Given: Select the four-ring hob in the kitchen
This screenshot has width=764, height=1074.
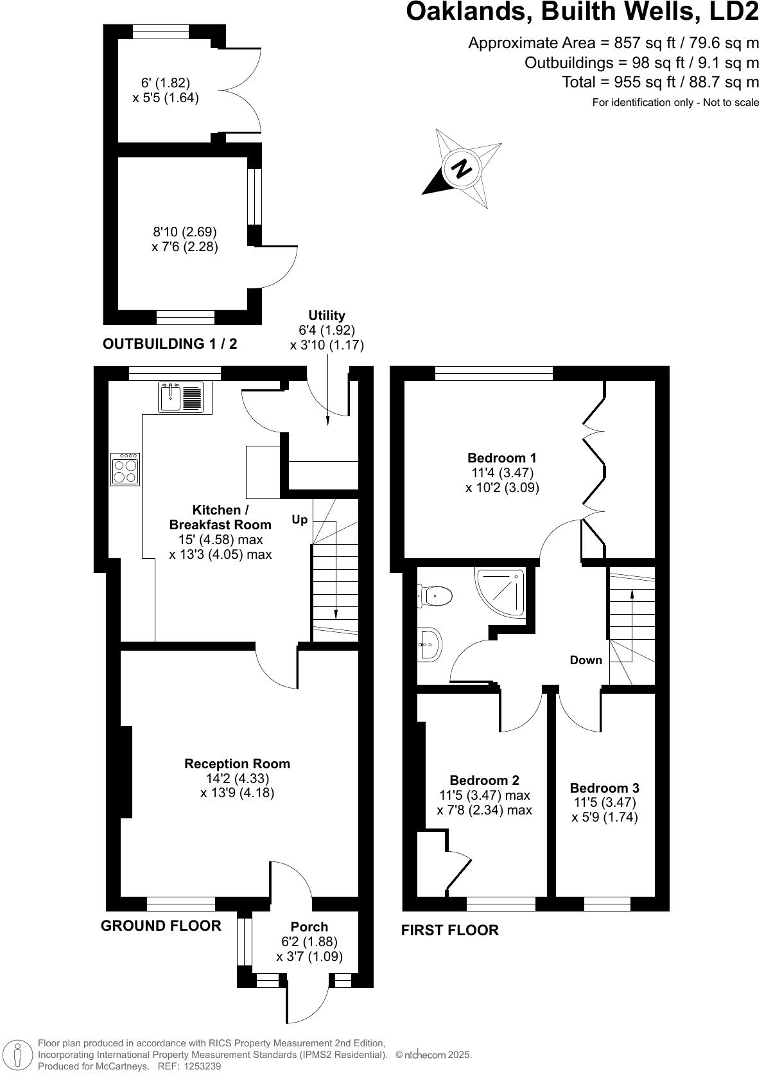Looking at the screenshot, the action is click(x=125, y=469).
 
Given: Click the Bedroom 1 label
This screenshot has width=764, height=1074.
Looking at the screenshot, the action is click(x=502, y=457).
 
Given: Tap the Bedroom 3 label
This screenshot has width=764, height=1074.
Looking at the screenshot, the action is click(x=604, y=788).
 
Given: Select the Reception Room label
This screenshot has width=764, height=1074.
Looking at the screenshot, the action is click(x=238, y=763).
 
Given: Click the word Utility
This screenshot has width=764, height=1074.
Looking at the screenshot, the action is click(x=327, y=315).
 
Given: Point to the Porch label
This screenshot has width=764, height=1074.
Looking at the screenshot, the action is click(x=309, y=927).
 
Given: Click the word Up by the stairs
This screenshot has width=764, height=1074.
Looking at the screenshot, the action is click(x=300, y=520).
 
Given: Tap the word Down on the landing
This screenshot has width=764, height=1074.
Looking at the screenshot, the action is click(x=586, y=660).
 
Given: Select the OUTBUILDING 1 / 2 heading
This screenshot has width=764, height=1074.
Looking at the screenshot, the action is click(x=169, y=344).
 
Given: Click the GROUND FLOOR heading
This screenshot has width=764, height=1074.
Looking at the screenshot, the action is click(x=161, y=926).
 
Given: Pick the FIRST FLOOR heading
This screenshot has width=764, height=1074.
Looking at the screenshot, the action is click(x=449, y=930).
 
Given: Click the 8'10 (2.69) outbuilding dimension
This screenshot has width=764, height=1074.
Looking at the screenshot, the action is click(x=184, y=232).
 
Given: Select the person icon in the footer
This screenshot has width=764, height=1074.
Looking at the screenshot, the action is click(x=18, y=1054).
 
